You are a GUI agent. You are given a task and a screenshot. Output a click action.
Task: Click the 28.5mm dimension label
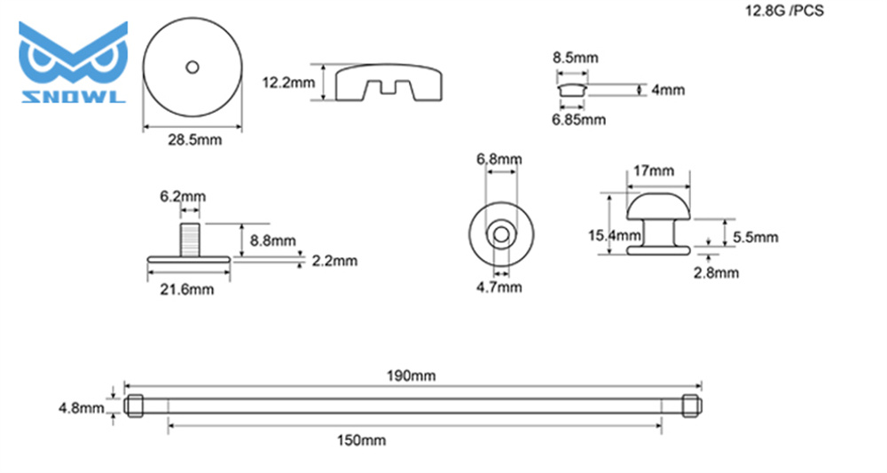194,139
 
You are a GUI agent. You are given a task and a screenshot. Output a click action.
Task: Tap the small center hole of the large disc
192,67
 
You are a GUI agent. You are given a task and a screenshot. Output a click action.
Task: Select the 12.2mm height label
288,83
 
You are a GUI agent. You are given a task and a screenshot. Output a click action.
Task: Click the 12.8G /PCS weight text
784,11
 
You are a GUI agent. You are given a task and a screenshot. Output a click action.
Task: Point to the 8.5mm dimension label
576,58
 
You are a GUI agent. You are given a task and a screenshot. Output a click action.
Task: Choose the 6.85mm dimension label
578,120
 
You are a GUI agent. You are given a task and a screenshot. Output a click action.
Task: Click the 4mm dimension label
668,90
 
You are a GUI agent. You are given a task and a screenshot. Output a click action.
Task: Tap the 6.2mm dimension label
183,196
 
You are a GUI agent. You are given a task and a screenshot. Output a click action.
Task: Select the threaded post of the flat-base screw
190,240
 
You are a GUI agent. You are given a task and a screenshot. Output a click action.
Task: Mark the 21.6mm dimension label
186,289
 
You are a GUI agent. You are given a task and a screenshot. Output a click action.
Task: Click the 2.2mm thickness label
335,261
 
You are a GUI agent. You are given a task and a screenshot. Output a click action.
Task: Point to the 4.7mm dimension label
498,288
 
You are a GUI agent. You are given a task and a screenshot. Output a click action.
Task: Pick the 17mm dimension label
654,170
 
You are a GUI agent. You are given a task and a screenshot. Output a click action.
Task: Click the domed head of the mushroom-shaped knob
658,207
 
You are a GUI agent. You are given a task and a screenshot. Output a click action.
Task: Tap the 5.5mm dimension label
755,237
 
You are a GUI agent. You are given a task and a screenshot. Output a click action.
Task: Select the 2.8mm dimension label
716,272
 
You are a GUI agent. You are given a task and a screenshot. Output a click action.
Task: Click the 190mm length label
412,375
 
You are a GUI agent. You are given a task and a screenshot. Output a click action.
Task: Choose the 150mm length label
362,440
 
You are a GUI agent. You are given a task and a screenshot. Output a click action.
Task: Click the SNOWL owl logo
73,62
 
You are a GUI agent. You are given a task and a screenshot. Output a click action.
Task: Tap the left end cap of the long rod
134,406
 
